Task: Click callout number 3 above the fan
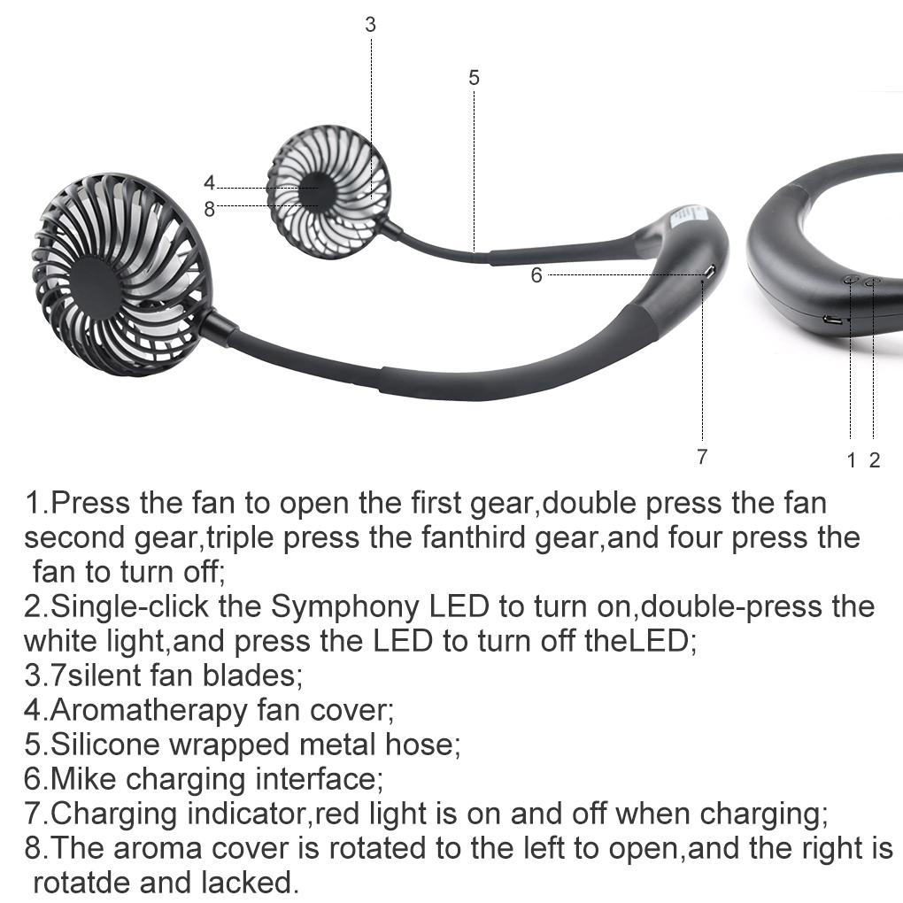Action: point(370,25)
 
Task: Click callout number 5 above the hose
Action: point(474,78)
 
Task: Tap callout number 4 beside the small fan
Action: point(209,183)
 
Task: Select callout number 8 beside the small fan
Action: point(209,209)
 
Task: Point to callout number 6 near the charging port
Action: point(536,275)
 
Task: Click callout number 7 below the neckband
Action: point(702,457)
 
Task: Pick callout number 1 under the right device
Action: point(851,459)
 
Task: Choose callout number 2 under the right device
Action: point(875,459)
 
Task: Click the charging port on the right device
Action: point(833,320)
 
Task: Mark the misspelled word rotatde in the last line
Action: point(81,883)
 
